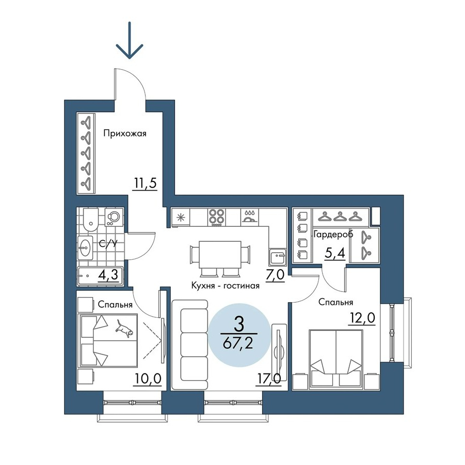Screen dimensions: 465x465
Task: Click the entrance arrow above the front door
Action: [x=130, y=40]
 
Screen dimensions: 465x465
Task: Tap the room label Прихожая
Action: [x=125, y=134]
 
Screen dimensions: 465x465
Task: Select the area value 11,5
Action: [x=145, y=183]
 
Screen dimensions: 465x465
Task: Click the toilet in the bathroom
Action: [x=90, y=220]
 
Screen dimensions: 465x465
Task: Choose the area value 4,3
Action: [x=108, y=275]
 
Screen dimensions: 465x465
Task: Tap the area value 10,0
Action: [x=148, y=379]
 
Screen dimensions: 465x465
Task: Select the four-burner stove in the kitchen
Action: [x=217, y=218]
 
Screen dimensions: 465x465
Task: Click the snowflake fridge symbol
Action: [x=180, y=218]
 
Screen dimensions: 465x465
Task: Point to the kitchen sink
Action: [x=277, y=257]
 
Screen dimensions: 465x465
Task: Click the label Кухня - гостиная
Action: [x=226, y=286]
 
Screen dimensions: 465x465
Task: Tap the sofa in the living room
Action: [x=190, y=345]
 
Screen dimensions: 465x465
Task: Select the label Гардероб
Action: [x=333, y=234]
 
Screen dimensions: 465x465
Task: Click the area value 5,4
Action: [x=335, y=253]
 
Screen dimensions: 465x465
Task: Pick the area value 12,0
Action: [x=361, y=318]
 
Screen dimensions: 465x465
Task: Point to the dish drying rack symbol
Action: [x=250, y=217]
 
